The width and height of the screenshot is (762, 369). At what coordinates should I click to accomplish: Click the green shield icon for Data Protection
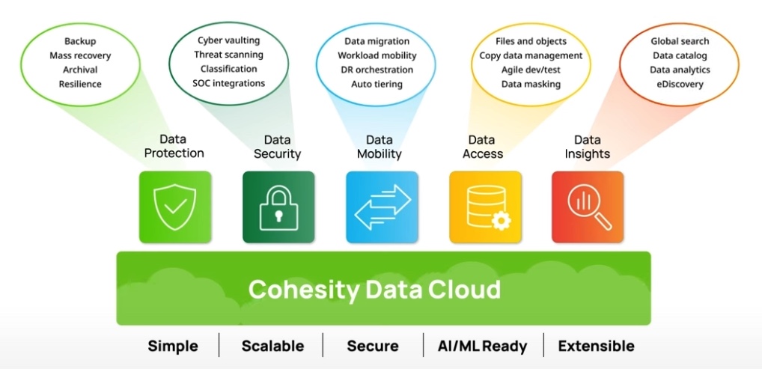coord(174,207)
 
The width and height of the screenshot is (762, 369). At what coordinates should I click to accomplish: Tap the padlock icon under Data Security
coord(278,207)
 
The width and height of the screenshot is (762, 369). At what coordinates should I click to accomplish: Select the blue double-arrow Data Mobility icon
coord(382,207)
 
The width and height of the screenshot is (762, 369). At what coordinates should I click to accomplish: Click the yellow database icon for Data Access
coord(485,207)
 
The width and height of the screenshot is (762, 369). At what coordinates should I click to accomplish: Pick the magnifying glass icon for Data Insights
coord(588,207)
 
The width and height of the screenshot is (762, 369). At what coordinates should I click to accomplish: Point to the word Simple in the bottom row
coord(173,346)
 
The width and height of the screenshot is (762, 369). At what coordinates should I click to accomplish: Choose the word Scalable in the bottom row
coord(272,346)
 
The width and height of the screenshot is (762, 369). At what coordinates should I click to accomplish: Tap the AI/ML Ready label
coord(483,346)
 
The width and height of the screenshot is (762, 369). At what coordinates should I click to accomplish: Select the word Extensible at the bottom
coord(596,346)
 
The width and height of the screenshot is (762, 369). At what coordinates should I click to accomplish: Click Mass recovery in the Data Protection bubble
coord(80,55)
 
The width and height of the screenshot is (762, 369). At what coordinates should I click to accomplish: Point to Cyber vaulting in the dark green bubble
coord(228,40)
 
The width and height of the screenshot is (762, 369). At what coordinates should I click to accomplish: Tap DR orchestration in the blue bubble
coord(376,70)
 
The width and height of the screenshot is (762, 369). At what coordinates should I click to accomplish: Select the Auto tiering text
coord(377,84)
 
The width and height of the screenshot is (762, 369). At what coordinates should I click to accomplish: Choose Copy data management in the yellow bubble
coord(531,55)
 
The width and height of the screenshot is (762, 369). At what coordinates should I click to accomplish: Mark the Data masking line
coord(531,84)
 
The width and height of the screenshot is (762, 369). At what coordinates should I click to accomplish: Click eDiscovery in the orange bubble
coord(680,84)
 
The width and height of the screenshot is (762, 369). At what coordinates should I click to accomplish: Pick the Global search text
coord(680,41)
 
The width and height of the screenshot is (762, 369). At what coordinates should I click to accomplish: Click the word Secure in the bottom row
coord(373,346)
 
